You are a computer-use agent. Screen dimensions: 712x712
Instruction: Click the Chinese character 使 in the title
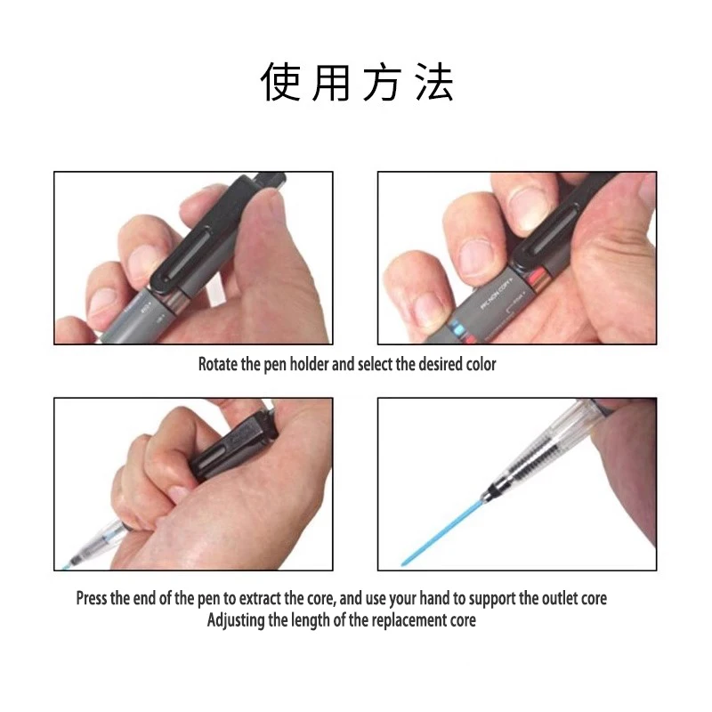coord(280,82)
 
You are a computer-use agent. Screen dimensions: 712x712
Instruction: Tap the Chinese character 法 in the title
coord(434,82)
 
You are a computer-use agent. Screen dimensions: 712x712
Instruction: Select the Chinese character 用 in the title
coord(331,82)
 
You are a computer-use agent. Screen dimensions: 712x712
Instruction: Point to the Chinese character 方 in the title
coord(383,82)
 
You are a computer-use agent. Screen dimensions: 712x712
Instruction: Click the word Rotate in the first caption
coord(218,364)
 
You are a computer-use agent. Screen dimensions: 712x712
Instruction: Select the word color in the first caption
coord(481,364)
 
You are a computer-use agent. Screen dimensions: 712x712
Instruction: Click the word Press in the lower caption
coord(92,598)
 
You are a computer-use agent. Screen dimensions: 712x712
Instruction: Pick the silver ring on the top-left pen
coord(175,301)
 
